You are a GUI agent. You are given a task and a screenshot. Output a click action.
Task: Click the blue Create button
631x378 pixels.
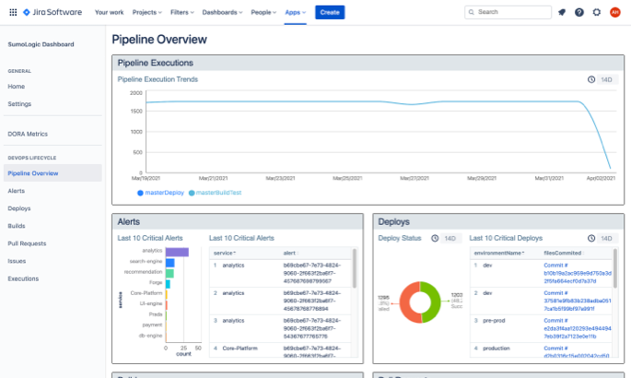pyautogui.click(x=329, y=12)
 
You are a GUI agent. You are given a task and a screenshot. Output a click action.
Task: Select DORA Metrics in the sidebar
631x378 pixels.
pyautogui.click(x=28, y=134)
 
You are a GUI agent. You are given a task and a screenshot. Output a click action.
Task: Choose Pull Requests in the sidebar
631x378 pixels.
pyautogui.click(x=27, y=242)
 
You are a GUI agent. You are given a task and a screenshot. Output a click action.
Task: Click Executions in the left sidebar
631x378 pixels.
pyautogui.click(x=23, y=278)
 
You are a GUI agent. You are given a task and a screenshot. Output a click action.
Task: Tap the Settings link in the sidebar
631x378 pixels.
pyautogui.click(x=19, y=103)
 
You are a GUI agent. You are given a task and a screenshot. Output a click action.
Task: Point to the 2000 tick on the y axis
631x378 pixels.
pyautogui.click(x=135, y=92)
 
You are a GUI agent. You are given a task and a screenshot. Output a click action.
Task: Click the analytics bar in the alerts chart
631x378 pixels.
pyautogui.click(x=177, y=252)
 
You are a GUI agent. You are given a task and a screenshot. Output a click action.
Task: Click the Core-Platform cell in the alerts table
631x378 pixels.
pyautogui.click(x=240, y=348)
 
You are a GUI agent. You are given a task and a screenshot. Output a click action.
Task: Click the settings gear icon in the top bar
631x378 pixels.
pyautogui.click(x=597, y=12)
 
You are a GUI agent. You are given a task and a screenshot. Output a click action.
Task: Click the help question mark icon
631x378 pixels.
pyautogui.click(x=579, y=12)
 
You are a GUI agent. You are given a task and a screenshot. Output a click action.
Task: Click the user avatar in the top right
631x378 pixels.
pyautogui.click(x=614, y=12)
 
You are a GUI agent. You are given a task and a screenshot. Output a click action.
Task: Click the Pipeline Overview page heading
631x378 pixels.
pyautogui.click(x=159, y=40)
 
